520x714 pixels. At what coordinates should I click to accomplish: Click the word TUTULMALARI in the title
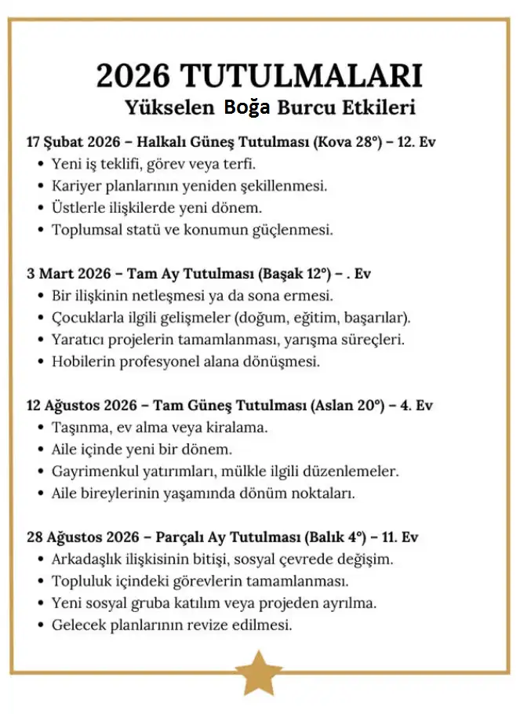coord(301,75)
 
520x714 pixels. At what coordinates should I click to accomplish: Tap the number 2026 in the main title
coord(133,75)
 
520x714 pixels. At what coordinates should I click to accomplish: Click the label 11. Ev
coord(400,537)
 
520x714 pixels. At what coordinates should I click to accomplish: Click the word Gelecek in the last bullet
coord(78,625)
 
